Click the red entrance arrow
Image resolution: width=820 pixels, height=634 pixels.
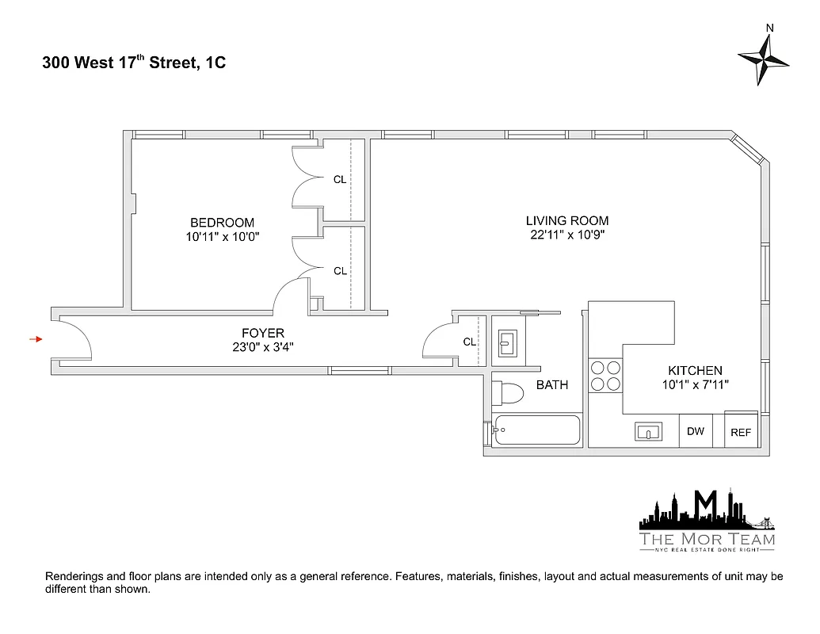[x=36, y=339]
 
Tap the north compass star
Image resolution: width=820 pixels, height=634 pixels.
[x=764, y=60]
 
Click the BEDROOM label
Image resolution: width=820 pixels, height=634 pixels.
[x=222, y=223]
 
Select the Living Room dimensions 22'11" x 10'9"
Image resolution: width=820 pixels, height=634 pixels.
[x=567, y=235]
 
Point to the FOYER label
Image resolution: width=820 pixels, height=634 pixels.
[x=263, y=333]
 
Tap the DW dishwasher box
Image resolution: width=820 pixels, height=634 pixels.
[x=696, y=431]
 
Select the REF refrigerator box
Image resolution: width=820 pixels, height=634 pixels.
[x=741, y=433]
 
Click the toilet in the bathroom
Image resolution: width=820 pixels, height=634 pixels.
[x=508, y=392]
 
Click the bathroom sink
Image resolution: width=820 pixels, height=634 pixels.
[x=508, y=344]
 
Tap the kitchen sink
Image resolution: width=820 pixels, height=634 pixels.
[x=650, y=432]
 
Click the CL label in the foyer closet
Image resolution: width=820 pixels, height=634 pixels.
[x=469, y=342]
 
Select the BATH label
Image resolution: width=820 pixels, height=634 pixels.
[x=552, y=385]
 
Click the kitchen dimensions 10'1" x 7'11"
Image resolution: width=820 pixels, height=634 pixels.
[x=695, y=384]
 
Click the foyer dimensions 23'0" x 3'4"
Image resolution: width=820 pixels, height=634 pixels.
[x=263, y=346]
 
